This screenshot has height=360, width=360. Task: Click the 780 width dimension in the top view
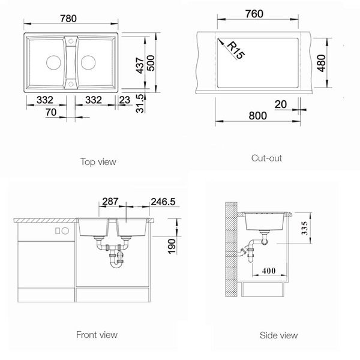68,19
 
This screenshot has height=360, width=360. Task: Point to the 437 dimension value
140,65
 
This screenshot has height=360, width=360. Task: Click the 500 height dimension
151,63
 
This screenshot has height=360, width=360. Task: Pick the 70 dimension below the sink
51,112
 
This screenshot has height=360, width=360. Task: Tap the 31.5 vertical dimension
140,104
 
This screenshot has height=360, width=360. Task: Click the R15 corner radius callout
236,50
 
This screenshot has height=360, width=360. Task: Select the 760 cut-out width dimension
254,14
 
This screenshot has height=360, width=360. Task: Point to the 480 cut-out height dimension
321,63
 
